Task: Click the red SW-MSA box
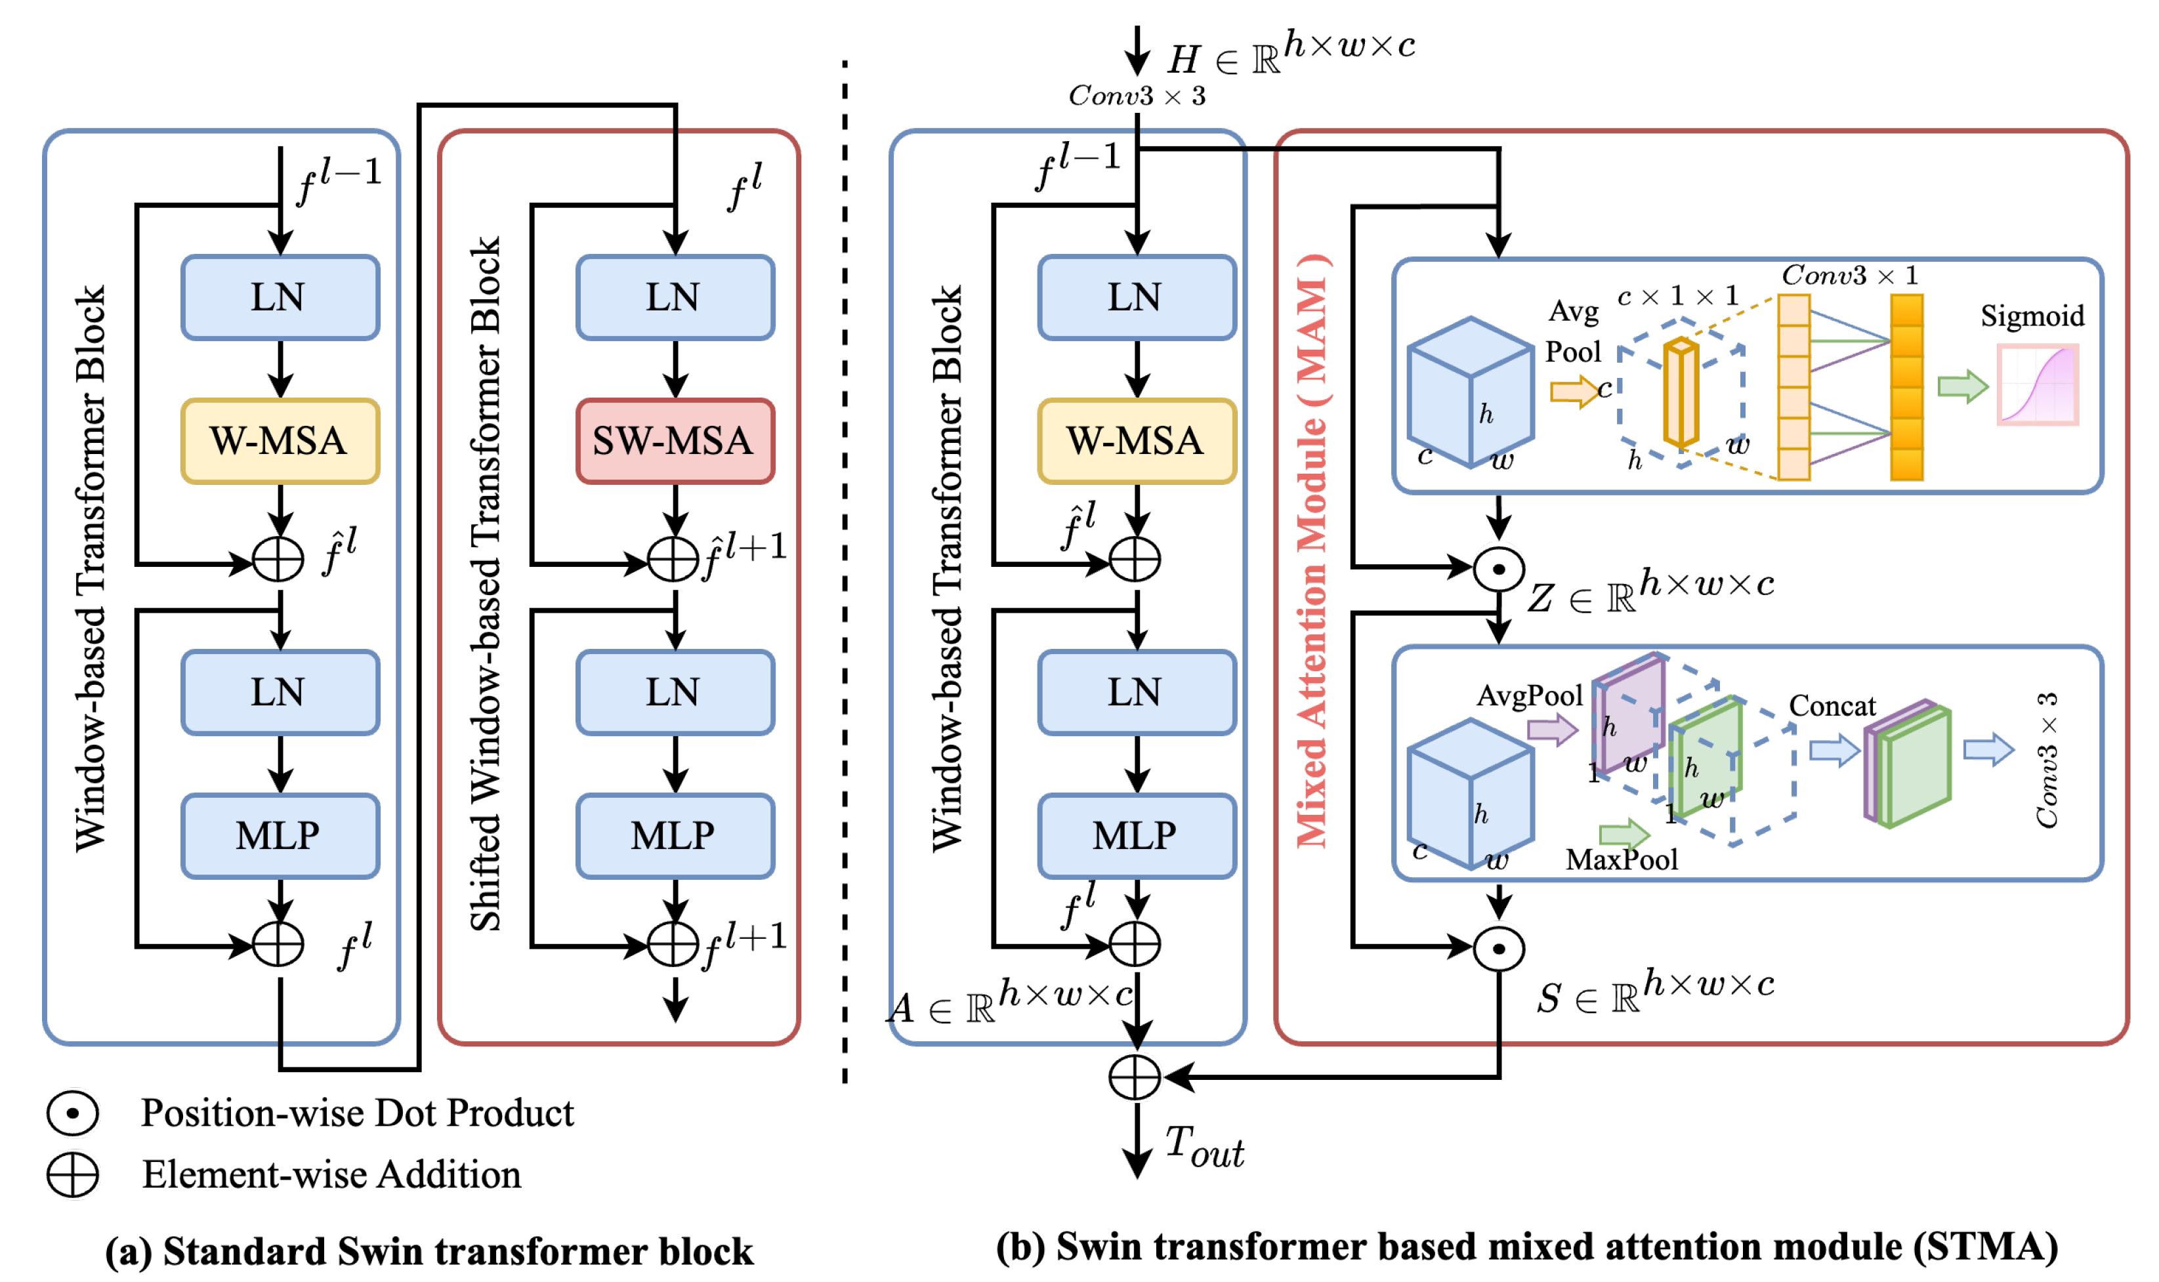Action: (675, 441)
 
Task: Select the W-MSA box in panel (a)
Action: (280, 441)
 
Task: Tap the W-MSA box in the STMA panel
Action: (1136, 441)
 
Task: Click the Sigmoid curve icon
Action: (2036, 384)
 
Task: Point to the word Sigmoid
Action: (2031, 316)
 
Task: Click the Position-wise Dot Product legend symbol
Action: (73, 1113)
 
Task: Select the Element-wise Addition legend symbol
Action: (73, 1175)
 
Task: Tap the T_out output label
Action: (1203, 1148)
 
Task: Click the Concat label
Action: (1831, 706)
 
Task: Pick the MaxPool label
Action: (1621, 859)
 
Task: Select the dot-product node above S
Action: (1498, 949)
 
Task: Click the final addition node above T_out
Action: (1135, 1077)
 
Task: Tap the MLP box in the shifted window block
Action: (675, 835)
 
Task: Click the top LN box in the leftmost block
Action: (280, 297)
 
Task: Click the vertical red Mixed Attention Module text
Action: (1310, 553)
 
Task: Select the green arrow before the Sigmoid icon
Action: (1961, 386)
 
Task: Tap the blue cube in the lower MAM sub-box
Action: (1469, 793)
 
